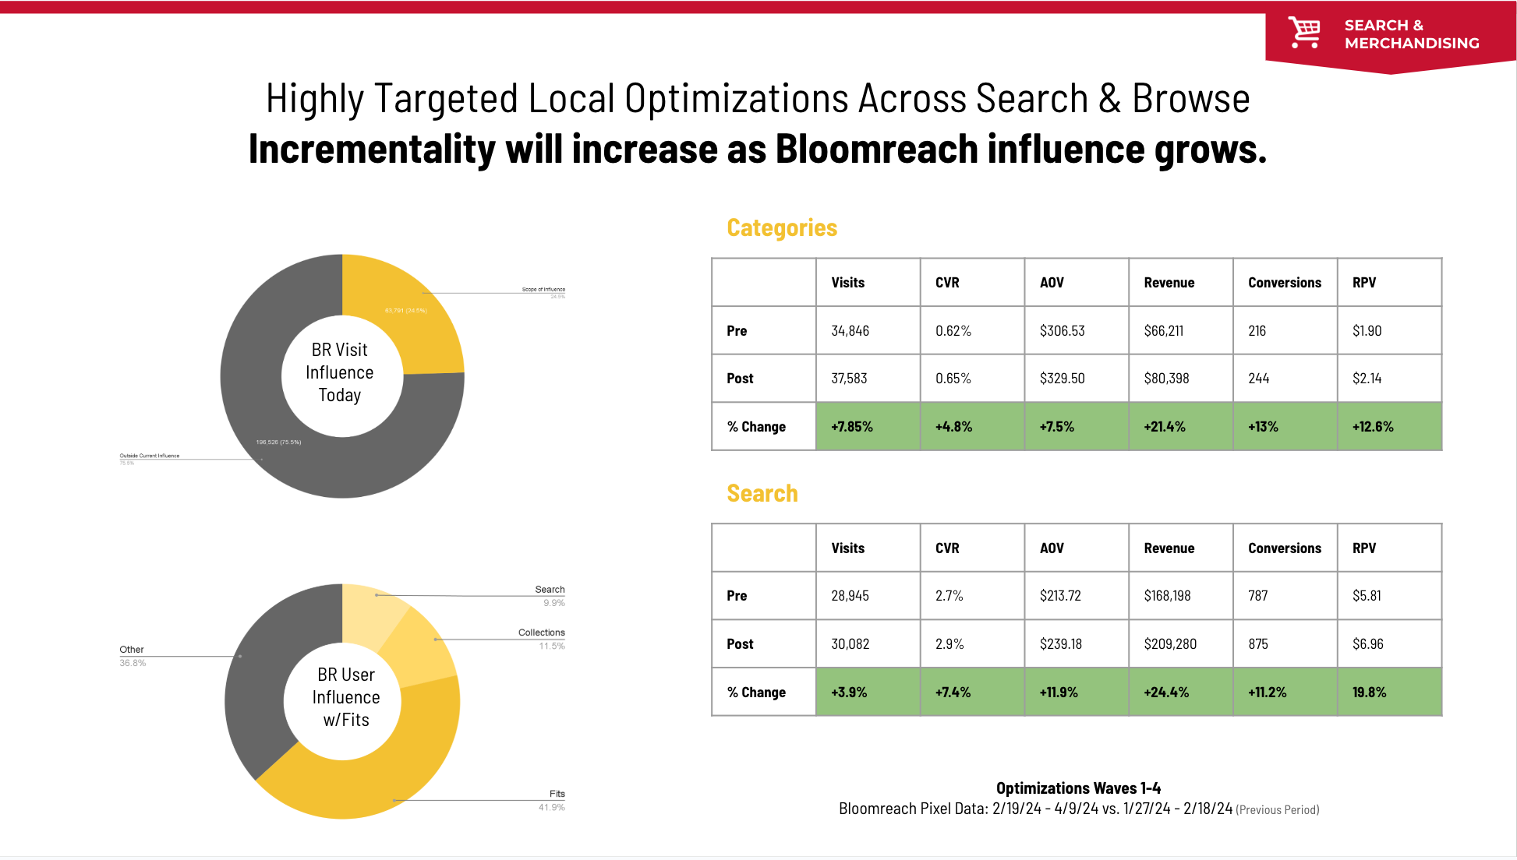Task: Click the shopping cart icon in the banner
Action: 1303,33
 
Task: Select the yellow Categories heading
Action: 781,227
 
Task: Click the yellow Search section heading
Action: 762,493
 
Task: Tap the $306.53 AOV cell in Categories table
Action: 1062,330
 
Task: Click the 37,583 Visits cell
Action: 849,379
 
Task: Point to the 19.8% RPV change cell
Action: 1370,692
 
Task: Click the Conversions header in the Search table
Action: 1284,548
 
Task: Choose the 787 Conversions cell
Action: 1257,596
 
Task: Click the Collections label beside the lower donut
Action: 541,633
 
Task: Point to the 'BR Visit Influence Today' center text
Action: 340,372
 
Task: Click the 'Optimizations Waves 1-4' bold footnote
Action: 1078,788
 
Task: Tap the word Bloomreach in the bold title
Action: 876,149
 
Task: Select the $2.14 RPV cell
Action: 1367,379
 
